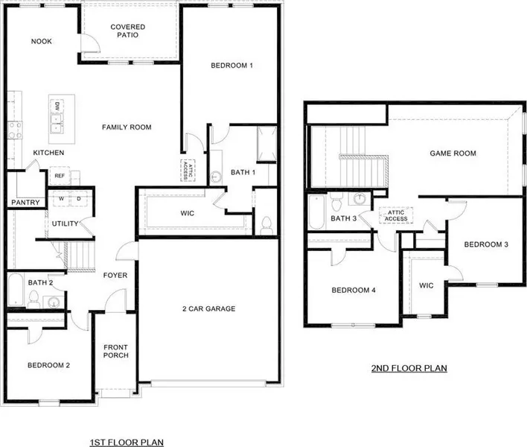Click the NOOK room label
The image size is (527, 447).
pos(42,42)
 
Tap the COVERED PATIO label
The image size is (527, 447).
pos(128,31)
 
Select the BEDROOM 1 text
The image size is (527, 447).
pos(231,66)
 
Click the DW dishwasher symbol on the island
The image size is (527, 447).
pos(57,107)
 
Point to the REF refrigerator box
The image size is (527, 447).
pos(60,176)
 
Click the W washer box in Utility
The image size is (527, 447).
pos(61,199)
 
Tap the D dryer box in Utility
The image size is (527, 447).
pos(79,199)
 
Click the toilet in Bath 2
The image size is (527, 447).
pos(33,299)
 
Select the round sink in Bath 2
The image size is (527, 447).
pos(53,302)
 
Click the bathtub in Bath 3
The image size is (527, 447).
pos(316,212)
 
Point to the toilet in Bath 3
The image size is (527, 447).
pos(336,201)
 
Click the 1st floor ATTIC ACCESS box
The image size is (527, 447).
pos(188,171)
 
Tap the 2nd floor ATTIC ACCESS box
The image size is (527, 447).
pos(396,215)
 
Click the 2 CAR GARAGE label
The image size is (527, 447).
pos(208,308)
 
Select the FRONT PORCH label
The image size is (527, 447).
pos(115,351)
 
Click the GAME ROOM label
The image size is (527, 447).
pos(453,153)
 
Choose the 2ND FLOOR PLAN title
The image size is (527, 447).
pos(409,368)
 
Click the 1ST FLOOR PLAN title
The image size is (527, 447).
pos(127,443)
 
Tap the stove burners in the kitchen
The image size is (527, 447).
pos(15,130)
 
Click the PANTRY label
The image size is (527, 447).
pos(25,203)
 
